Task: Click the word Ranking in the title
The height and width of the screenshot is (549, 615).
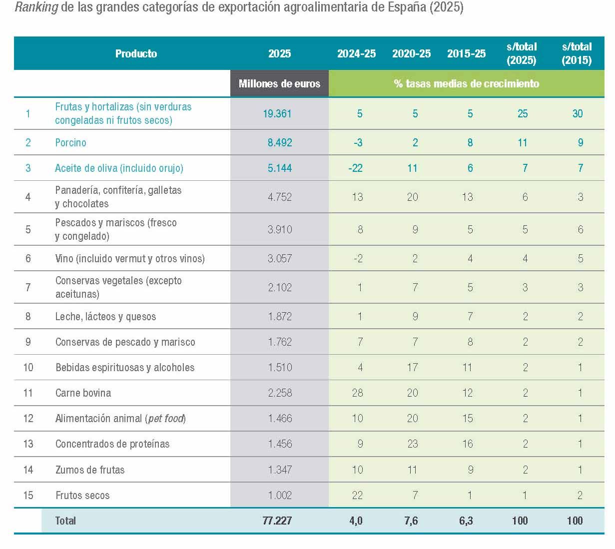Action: tap(36, 8)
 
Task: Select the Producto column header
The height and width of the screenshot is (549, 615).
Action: tap(136, 53)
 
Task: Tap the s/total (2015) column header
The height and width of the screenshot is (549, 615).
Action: tap(577, 53)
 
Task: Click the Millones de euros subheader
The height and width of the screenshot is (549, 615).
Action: tap(279, 83)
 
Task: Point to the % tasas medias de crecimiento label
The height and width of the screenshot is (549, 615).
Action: tap(466, 83)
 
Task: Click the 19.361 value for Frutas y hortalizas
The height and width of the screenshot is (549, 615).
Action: tap(277, 113)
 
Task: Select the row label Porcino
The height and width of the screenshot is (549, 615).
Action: tap(70, 142)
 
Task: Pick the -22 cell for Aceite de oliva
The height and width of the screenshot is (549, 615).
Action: tap(355, 168)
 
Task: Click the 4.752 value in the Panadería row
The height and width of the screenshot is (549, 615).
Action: tap(279, 197)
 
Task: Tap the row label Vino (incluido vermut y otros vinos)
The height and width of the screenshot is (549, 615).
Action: tap(130, 258)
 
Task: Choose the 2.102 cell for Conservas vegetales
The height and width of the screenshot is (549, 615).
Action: tap(279, 287)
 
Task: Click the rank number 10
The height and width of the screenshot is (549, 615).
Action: tap(28, 367)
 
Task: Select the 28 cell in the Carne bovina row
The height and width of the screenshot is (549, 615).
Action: tap(357, 393)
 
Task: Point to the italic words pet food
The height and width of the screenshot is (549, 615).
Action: tap(166, 418)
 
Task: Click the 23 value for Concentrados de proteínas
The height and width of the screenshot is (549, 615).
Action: tap(412, 444)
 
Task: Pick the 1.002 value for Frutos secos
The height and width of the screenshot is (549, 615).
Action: tap(279, 495)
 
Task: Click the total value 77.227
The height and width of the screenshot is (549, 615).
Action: tap(277, 521)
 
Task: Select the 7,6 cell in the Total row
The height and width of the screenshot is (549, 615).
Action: tap(411, 521)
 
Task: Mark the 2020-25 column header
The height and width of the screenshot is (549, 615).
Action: tap(411, 53)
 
